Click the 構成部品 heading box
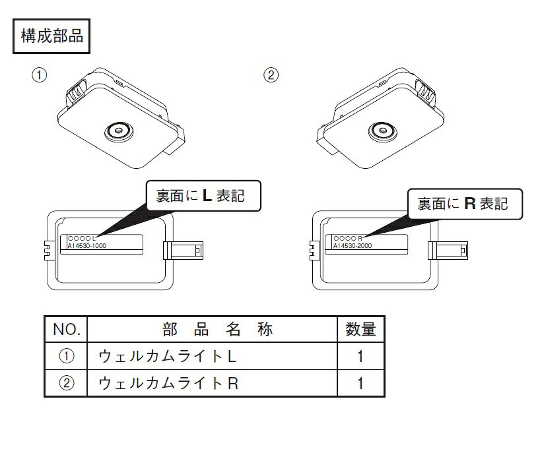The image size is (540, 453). click(51, 36)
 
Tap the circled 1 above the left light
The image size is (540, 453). click(39, 75)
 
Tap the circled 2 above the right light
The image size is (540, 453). click(271, 75)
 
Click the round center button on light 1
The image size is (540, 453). click(119, 131)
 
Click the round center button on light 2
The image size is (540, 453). click(382, 131)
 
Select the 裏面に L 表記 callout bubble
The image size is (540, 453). click(203, 196)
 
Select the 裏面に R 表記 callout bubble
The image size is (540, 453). click(465, 204)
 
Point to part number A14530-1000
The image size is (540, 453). click(86, 245)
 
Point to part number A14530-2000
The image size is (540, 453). click(353, 245)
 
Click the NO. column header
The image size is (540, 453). click(66, 329)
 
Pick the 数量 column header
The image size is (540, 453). click(360, 329)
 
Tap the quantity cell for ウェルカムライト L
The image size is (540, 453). click(360, 356)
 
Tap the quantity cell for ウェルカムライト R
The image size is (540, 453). click(360, 383)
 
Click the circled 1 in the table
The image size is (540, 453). click(67, 356)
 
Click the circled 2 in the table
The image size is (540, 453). click(67, 383)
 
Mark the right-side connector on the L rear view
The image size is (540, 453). click(183, 250)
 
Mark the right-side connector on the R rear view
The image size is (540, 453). click(448, 250)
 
